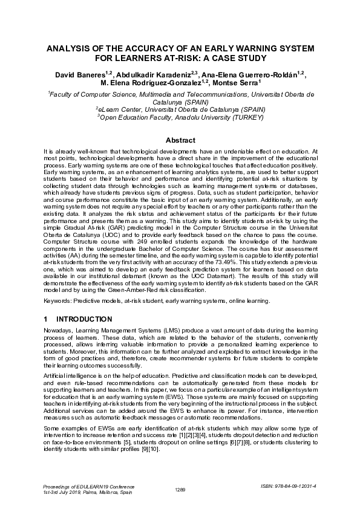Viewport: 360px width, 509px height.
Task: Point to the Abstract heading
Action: point(180,140)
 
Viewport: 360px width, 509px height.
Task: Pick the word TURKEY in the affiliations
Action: point(242,117)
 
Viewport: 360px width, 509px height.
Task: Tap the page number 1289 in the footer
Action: point(180,489)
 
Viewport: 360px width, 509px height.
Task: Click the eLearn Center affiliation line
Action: point(180,109)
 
